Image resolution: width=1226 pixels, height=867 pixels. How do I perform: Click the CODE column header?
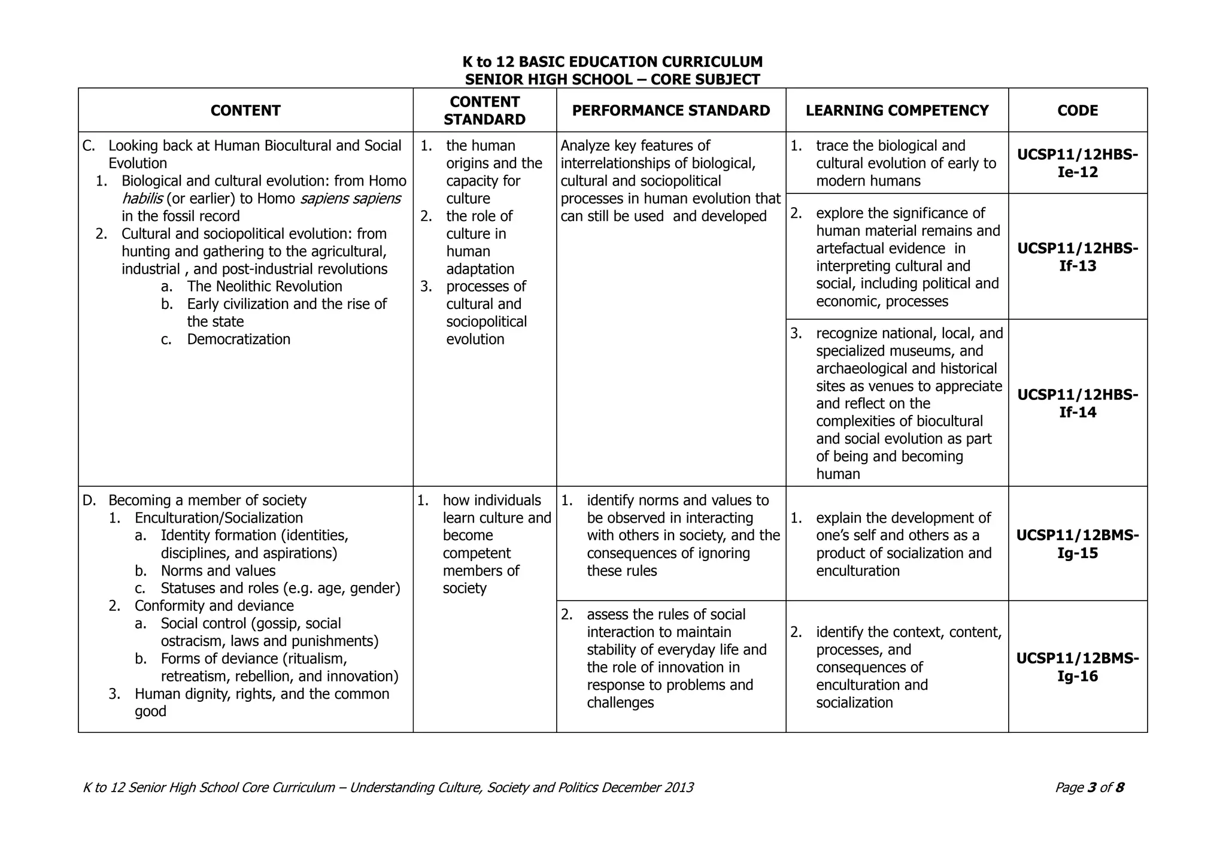[x=1078, y=111]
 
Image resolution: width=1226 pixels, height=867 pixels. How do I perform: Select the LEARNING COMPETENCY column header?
[x=897, y=111]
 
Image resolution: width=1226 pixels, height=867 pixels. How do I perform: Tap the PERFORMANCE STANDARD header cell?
[x=671, y=111]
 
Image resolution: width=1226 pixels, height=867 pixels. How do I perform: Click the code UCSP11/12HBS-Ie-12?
[x=1078, y=163]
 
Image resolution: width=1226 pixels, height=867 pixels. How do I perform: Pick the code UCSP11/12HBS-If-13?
[x=1078, y=257]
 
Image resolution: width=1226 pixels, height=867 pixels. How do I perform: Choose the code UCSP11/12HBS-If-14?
[x=1078, y=403]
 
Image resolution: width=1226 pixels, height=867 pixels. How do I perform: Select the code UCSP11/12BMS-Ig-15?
[x=1078, y=544]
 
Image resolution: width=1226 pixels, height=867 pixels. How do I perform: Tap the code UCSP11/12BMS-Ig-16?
[x=1078, y=667]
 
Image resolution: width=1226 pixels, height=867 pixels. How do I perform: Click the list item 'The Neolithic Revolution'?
[x=265, y=287]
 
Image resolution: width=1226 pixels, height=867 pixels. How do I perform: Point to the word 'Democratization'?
[x=238, y=339]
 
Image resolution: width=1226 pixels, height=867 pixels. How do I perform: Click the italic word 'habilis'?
[x=142, y=199]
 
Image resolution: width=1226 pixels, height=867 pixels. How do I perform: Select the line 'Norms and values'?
[x=218, y=571]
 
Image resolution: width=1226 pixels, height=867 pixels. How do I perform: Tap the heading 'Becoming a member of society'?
[x=207, y=501]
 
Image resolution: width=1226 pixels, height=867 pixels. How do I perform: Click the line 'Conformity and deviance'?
[x=214, y=606]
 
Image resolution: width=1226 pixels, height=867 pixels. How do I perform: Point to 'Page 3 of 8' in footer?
[x=1089, y=788]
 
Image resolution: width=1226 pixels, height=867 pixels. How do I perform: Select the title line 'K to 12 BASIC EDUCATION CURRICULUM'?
[x=612, y=62]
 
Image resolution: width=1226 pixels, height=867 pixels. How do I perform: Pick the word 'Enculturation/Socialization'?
[x=219, y=518]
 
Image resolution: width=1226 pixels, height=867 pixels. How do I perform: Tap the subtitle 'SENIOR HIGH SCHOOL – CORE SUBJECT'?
[x=612, y=80]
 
